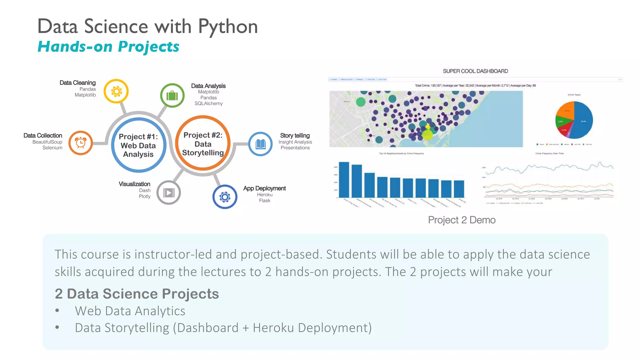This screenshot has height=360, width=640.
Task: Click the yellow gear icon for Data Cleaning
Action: point(116,91)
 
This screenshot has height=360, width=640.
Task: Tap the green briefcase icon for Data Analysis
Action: point(172,95)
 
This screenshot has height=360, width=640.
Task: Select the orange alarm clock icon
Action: point(81,143)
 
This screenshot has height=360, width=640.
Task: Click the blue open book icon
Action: point(260,144)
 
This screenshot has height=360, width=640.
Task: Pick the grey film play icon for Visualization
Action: point(169,192)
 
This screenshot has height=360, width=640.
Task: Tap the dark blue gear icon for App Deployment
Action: point(225,197)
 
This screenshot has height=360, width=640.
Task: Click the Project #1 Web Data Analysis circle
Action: point(138,145)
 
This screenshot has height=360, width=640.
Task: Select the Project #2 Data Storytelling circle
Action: point(203,144)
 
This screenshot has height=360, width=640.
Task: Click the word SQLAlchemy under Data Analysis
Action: point(208,103)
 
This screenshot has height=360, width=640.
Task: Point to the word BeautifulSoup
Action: point(47,142)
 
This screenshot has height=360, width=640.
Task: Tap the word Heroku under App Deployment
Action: point(265,195)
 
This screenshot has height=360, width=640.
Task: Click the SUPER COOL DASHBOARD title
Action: point(475,71)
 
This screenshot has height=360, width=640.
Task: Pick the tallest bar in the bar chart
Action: point(344,179)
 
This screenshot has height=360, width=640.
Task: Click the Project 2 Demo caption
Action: point(462,220)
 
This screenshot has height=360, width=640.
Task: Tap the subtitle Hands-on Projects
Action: point(108,47)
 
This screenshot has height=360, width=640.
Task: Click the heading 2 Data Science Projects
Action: point(137,294)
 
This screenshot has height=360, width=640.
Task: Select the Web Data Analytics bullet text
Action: point(130,311)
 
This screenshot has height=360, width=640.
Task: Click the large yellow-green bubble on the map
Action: point(427,135)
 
